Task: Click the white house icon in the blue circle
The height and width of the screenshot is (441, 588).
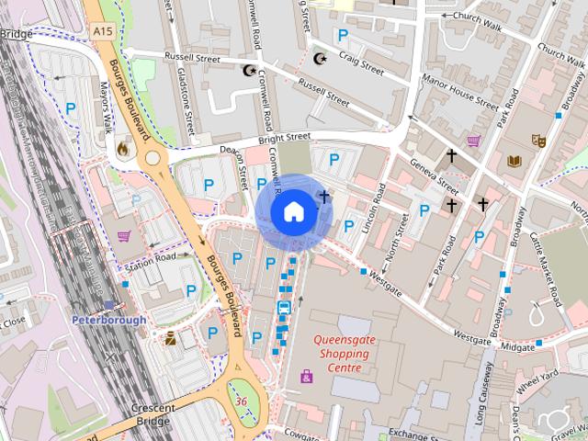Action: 292,211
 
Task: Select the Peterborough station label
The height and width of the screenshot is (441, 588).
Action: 108,320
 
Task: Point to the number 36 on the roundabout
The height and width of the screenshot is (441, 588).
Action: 242,401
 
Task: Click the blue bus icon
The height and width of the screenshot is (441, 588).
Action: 284,308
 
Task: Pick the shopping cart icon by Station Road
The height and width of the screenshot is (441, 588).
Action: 123,236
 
